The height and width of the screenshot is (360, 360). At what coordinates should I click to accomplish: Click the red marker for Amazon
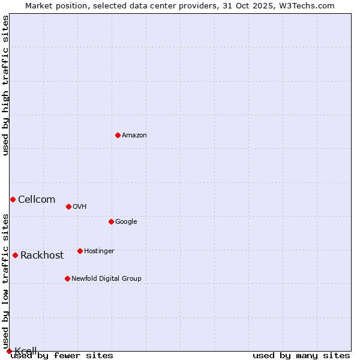point(118,135)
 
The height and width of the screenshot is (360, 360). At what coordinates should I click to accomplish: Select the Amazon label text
point(134,136)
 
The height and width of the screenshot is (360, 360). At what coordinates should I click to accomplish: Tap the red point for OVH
point(68,206)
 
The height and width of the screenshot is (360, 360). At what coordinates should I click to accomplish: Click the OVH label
point(80,207)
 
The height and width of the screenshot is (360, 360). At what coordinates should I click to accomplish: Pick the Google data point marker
point(111,221)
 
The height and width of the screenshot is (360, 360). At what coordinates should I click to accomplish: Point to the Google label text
point(126,222)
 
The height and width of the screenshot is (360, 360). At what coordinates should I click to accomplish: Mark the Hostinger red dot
point(80,251)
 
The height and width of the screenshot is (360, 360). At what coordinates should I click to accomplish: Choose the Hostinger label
point(99,251)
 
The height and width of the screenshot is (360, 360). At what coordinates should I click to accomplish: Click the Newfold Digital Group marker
point(67,278)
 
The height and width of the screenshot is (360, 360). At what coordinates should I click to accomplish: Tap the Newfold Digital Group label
point(106,279)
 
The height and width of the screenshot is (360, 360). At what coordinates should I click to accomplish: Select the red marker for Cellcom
point(13,199)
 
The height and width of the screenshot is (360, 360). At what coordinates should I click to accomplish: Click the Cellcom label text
point(37,200)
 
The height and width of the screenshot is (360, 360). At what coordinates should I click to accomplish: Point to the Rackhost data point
point(15,255)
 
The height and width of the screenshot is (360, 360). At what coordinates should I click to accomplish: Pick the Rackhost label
point(42,256)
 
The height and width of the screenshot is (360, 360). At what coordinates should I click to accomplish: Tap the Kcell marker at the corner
point(9,351)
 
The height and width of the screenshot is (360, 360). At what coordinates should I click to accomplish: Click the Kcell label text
point(26,351)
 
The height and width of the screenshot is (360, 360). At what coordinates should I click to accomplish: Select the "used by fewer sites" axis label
point(62,356)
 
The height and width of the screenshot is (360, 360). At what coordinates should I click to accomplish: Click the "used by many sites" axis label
point(301,356)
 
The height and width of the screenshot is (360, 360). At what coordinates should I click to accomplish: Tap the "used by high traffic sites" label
point(5,86)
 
